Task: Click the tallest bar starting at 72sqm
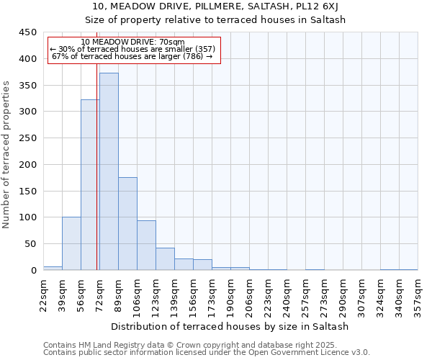(109, 171)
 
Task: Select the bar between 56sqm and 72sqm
(89, 185)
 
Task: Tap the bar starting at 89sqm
(127, 224)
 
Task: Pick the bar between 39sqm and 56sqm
(71, 243)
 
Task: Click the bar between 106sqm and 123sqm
(146, 246)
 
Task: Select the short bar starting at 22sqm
(53, 268)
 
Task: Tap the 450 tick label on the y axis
(27, 32)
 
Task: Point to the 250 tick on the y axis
(27, 138)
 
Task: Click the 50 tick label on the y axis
(30, 244)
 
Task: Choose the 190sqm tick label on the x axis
(230, 296)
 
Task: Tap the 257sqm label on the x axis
(305, 296)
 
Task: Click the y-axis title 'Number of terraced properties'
(6, 154)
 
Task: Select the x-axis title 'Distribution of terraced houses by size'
(230, 326)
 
